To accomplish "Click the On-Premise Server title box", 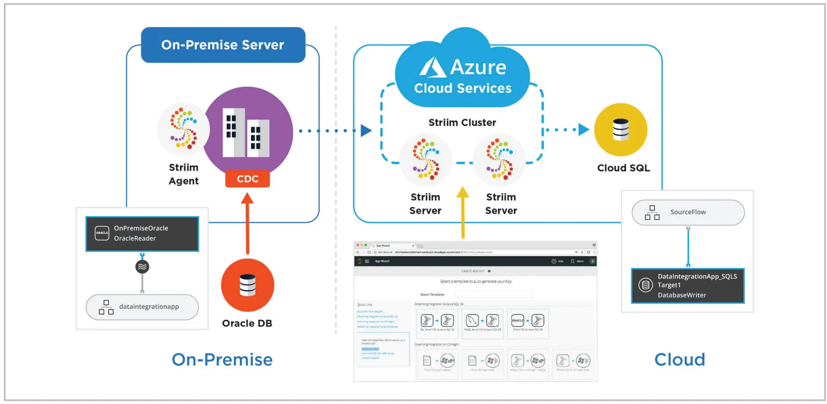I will (223, 45).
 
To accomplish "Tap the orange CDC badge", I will (247, 179).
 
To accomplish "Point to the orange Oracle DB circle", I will (247, 285).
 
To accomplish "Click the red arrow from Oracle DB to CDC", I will (247, 224).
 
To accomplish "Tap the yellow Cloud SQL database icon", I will (621, 130).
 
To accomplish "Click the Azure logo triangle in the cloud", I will (432, 68).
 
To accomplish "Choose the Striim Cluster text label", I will (462, 122).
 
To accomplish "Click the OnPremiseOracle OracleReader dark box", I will (142, 233).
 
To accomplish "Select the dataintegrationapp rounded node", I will (142, 307).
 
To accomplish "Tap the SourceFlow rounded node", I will (688, 212).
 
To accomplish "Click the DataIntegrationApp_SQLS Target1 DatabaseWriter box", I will (688, 286).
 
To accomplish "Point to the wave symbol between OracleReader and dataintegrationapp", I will (142, 267).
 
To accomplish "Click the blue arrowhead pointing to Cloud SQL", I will (584, 129).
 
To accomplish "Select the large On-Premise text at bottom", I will (222, 360).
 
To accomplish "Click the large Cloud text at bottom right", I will (680, 360).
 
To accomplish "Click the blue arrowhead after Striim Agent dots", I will (366, 131).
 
